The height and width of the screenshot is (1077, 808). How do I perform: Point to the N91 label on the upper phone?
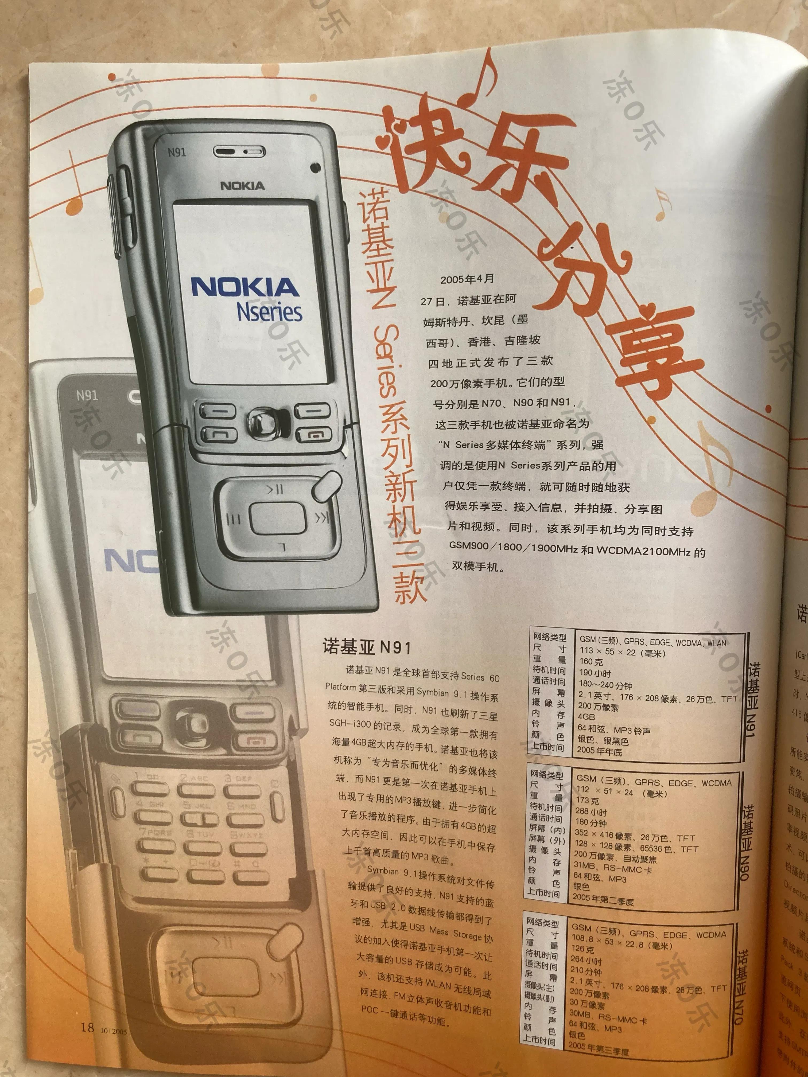coord(177,153)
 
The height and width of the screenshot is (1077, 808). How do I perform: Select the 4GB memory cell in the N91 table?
coord(586,717)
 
